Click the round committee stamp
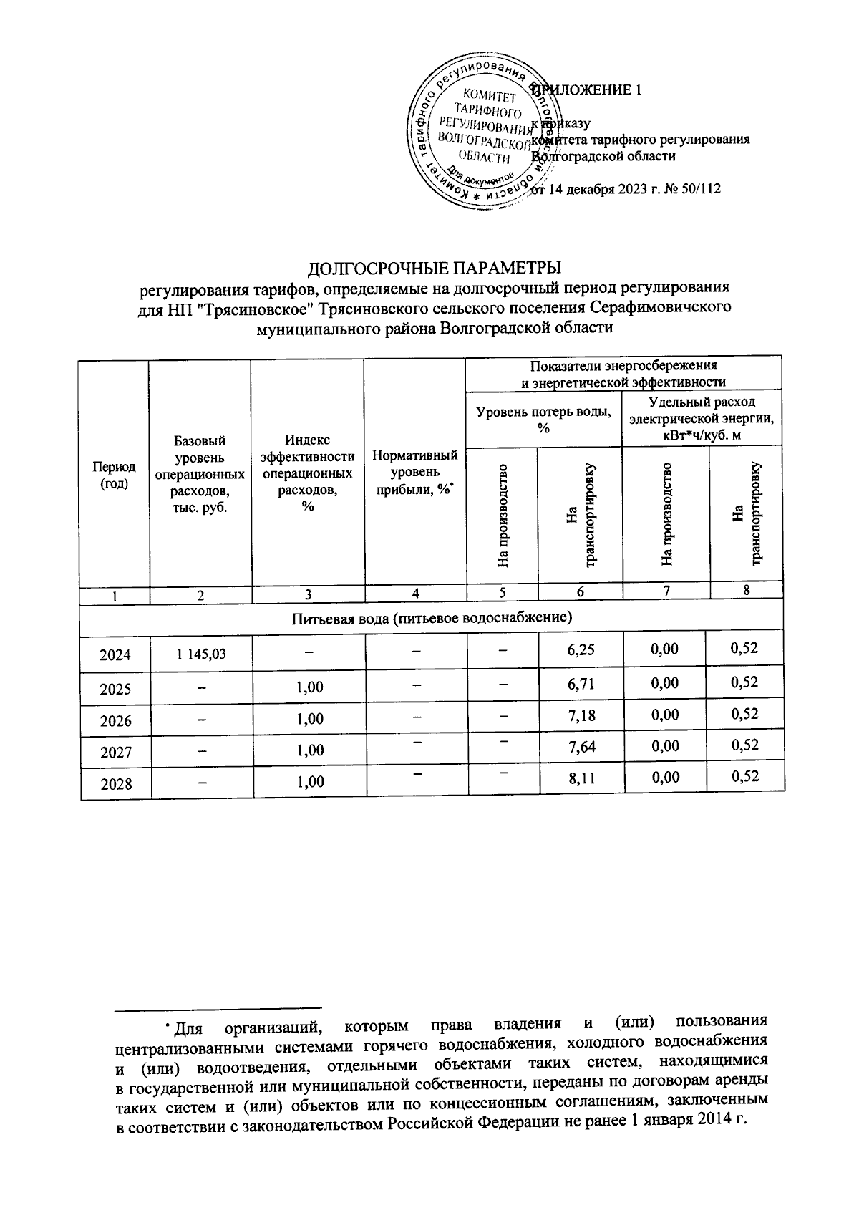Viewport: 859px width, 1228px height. click(478, 136)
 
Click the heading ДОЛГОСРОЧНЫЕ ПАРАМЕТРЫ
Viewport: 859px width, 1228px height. click(434, 269)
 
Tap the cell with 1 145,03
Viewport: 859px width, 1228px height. click(200, 653)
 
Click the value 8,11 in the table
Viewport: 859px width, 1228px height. click(581, 779)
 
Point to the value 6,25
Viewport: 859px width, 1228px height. click(581, 650)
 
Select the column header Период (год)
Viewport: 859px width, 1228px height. click(114, 474)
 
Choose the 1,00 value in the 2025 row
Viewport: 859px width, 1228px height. click(309, 687)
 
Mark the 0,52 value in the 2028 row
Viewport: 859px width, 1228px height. click(744, 776)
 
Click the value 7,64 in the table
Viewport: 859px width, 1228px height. click(581, 748)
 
